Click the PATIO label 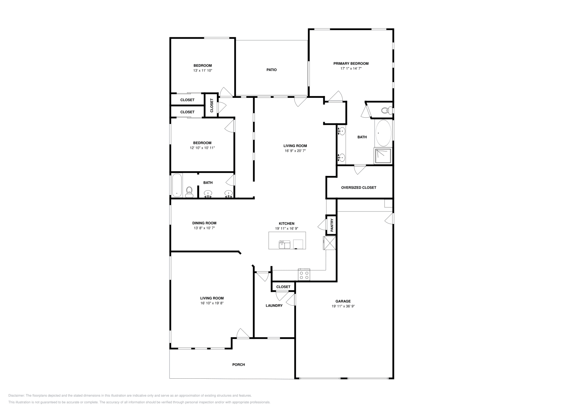[x=271, y=70]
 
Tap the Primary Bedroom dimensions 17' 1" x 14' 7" [x=351, y=69]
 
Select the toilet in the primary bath [x=386, y=110]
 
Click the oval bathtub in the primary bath [x=383, y=133]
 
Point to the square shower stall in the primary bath [x=383, y=155]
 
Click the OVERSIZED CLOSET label [x=358, y=188]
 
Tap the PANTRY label [x=332, y=225]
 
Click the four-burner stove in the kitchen [x=304, y=275]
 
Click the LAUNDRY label [x=274, y=306]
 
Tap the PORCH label [x=238, y=365]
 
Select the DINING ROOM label [x=204, y=223]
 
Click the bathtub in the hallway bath [x=176, y=186]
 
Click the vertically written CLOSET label [x=211, y=106]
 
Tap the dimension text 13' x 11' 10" [x=203, y=70]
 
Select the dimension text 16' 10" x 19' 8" [x=212, y=303]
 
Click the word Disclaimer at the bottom [x=16, y=396]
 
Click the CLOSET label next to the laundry [x=283, y=287]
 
